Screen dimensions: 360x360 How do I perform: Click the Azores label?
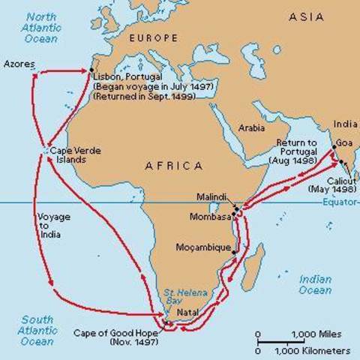(x=19, y=64)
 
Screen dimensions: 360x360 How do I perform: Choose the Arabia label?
(x=251, y=127)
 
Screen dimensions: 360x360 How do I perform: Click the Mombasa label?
(x=210, y=217)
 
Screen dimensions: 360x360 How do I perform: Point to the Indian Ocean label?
(x=315, y=285)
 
